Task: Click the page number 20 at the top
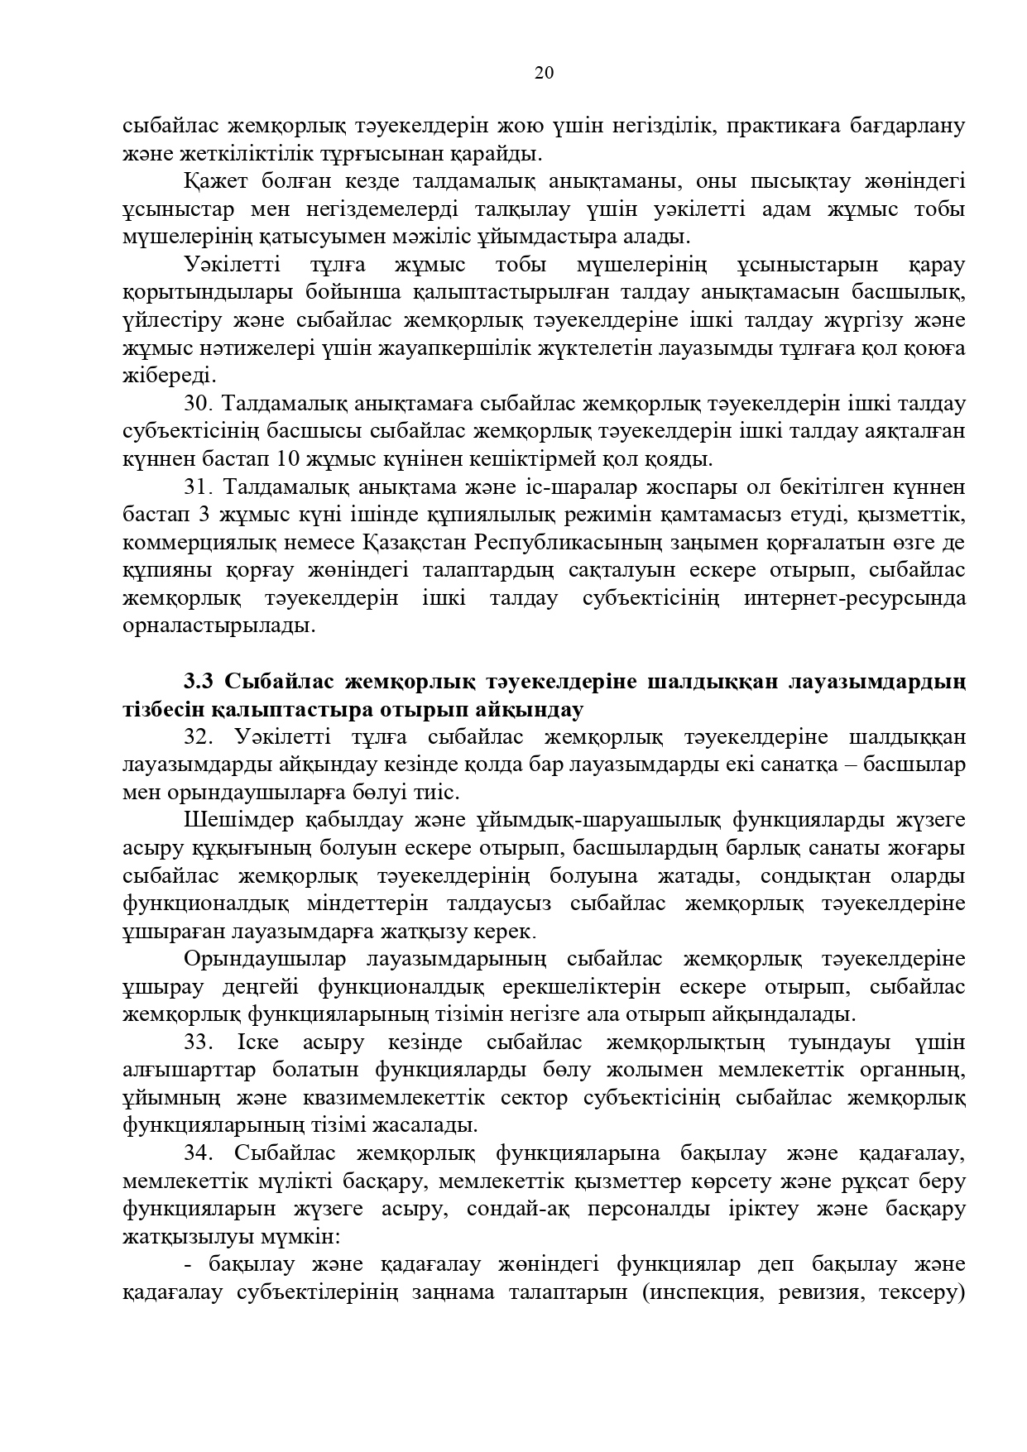click(544, 73)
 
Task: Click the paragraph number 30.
click(199, 404)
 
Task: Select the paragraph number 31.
click(199, 487)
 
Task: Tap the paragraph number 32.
click(199, 736)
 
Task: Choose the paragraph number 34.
click(199, 1153)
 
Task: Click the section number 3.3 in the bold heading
click(199, 682)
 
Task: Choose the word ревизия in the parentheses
click(818, 1292)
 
